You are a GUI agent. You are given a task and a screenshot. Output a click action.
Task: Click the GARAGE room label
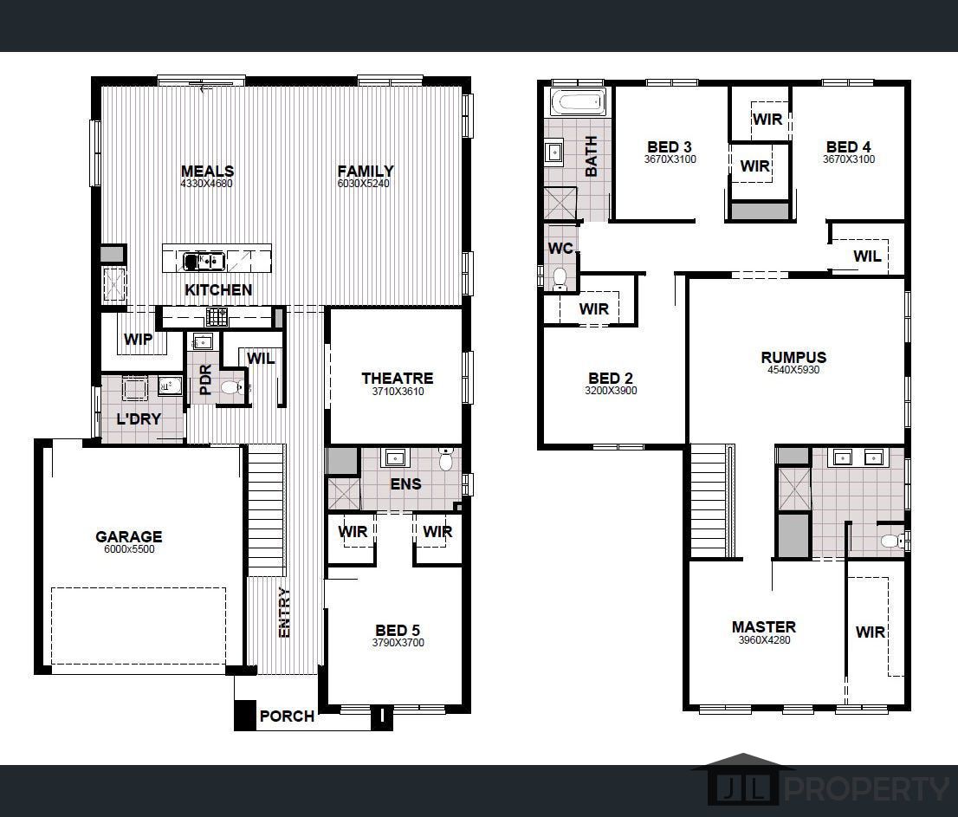[128, 536]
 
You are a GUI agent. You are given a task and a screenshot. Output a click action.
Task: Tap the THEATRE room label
[397, 378]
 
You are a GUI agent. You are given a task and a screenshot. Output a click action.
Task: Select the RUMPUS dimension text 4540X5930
[793, 370]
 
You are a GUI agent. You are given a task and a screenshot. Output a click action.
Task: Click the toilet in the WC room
[560, 276]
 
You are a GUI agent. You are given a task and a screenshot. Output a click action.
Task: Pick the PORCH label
[287, 716]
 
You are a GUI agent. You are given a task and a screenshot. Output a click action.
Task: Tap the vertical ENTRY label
[284, 613]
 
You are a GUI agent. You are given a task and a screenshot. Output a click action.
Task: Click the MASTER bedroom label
[763, 626]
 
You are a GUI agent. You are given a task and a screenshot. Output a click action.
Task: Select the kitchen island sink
[204, 260]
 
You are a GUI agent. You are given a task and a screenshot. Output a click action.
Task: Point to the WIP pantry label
[137, 340]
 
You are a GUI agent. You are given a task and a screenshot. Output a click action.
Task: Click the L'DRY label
[138, 418]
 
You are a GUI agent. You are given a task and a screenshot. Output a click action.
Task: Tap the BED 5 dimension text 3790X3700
[398, 643]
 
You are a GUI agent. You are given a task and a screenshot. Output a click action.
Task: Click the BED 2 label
[610, 378]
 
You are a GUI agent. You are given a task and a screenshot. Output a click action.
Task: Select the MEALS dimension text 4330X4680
[206, 184]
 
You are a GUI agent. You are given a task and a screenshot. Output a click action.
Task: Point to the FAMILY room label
[365, 171]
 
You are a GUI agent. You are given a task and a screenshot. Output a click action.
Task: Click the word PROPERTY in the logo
[866, 789]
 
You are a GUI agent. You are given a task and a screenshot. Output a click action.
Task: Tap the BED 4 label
[848, 146]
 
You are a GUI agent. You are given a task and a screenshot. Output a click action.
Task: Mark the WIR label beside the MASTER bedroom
[870, 632]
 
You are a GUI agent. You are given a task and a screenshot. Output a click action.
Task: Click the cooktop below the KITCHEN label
[217, 316]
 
